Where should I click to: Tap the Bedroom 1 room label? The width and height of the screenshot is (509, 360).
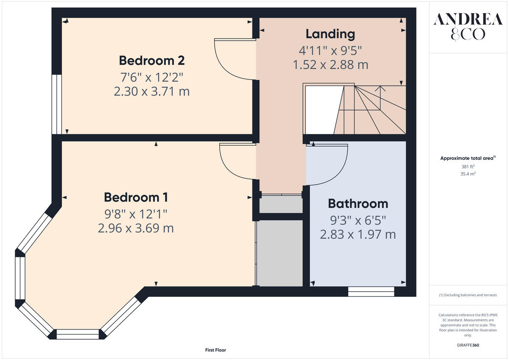coord(136,197)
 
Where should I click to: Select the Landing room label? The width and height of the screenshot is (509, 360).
coord(330,34)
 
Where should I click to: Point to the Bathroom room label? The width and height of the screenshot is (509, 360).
coord(358,204)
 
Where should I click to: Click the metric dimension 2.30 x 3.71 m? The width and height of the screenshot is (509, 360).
coord(151,92)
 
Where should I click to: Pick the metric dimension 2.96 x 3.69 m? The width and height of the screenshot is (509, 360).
coord(136,228)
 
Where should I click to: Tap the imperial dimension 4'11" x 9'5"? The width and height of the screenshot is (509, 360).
coord(330,50)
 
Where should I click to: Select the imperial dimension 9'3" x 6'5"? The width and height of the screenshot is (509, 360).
coord(358,220)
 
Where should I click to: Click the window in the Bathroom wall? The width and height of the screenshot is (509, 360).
coord(371,291)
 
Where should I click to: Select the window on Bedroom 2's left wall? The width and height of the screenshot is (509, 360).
coord(56,104)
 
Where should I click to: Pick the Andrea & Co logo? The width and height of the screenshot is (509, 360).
coord(468,27)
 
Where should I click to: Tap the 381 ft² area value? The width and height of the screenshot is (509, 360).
coord(468,167)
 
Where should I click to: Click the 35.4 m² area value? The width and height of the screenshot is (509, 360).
coord(468,174)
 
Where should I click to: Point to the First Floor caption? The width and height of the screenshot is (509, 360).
coord(215,350)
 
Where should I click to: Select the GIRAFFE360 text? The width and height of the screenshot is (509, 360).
coord(468,345)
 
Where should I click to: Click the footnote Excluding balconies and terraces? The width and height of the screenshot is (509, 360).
coord(468,295)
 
